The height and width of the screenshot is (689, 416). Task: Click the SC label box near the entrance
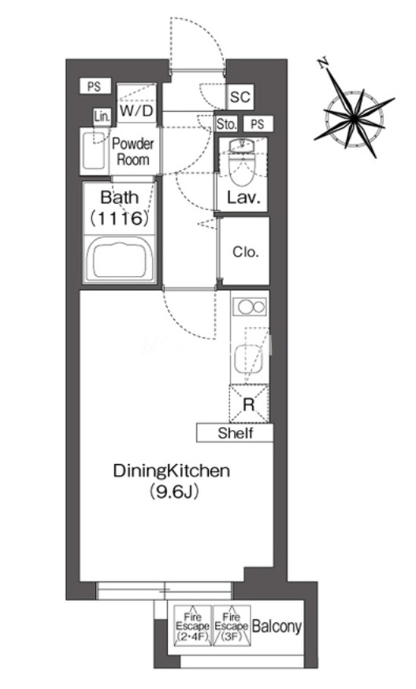(x=240, y=96)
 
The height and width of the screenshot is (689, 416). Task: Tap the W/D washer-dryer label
(x=136, y=110)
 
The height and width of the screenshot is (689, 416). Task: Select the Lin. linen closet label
(x=102, y=117)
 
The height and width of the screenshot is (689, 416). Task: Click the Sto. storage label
(x=227, y=124)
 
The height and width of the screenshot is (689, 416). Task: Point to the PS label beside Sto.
(x=258, y=124)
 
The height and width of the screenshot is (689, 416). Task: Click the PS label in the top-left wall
(x=94, y=87)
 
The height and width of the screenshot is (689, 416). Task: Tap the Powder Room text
(x=133, y=152)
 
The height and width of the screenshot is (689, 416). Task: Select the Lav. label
(x=244, y=197)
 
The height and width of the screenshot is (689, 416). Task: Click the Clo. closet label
(x=245, y=252)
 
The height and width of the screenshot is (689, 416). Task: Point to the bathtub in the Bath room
(x=121, y=260)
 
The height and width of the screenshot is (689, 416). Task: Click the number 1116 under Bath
(x=119, y=218)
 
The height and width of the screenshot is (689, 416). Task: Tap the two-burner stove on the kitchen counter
(x=250, y=306)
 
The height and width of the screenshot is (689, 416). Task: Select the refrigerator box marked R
(x=249, y=403)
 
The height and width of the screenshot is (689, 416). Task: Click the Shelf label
(x=235, y=433)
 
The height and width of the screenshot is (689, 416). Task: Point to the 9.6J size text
(x=173, y=491)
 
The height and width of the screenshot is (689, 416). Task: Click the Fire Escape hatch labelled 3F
(x=232, y=625)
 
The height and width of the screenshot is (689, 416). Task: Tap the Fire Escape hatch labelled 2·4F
(x=192, y=625)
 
